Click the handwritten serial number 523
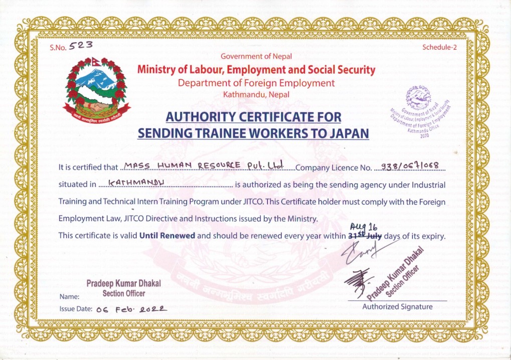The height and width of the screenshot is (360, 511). (x=81, y=46)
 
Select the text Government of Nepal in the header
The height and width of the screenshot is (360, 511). (x=256, y=57)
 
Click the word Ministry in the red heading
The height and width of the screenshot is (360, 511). (x=157, y=70)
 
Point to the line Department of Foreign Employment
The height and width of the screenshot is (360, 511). (x=256, y=83)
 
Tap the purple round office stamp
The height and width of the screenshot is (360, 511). (x=420, y=111)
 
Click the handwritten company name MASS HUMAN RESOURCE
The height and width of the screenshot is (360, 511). (x=203, y=165)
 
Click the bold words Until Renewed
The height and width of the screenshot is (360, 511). (x=167, y=235)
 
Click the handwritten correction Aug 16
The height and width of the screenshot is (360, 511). (x=367, y=226)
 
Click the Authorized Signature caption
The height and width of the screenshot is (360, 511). (x=397, y=306)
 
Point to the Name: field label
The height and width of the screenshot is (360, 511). (x=69, y=296)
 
